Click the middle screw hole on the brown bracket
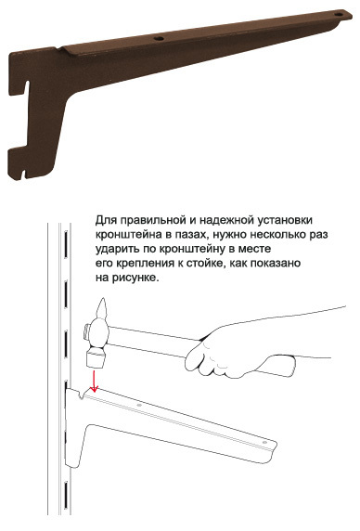pyautogui.click(x=159, y=39)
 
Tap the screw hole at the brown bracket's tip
pyautogui.click(x=339, y=15)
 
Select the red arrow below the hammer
pyautogui.click(x=94, y=382)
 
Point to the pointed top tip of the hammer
pyautogui.click(x=102, y=299)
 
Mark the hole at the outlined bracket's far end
pyautogui.click(x=264, y=442)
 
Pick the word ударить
pyautogui.click(x=116, y=249)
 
